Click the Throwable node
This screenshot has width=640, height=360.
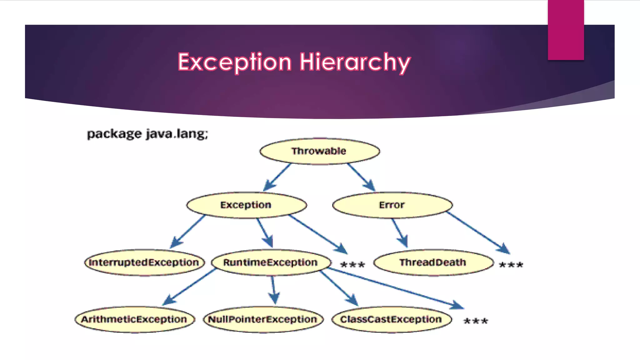[x=319, y=151]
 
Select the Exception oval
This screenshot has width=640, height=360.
[x=246, y=205]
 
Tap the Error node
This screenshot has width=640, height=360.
[x=392, y=205]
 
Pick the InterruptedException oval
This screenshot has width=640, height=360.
[x=144, y=262]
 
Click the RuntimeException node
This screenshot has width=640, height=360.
[x=271, y=262]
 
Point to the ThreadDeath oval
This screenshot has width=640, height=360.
[x=433, y=262]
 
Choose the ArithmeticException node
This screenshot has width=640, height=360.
[x=134, y=319]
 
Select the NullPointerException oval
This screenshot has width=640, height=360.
[x=263, y=319]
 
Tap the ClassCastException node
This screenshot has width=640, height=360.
[x=391, y=319]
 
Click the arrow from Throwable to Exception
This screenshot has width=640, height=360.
[x=277, y=177]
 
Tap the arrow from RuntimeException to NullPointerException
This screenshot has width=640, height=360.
[x=273, y=289]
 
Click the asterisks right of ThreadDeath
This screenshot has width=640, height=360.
[x=511, y=265]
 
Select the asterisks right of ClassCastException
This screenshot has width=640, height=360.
[x=476, y=321]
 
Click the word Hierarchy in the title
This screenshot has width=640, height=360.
[x=355, y=62]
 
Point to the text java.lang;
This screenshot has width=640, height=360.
[x=177, y=134]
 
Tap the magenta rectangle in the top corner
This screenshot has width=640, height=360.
[x=566, y=30]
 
